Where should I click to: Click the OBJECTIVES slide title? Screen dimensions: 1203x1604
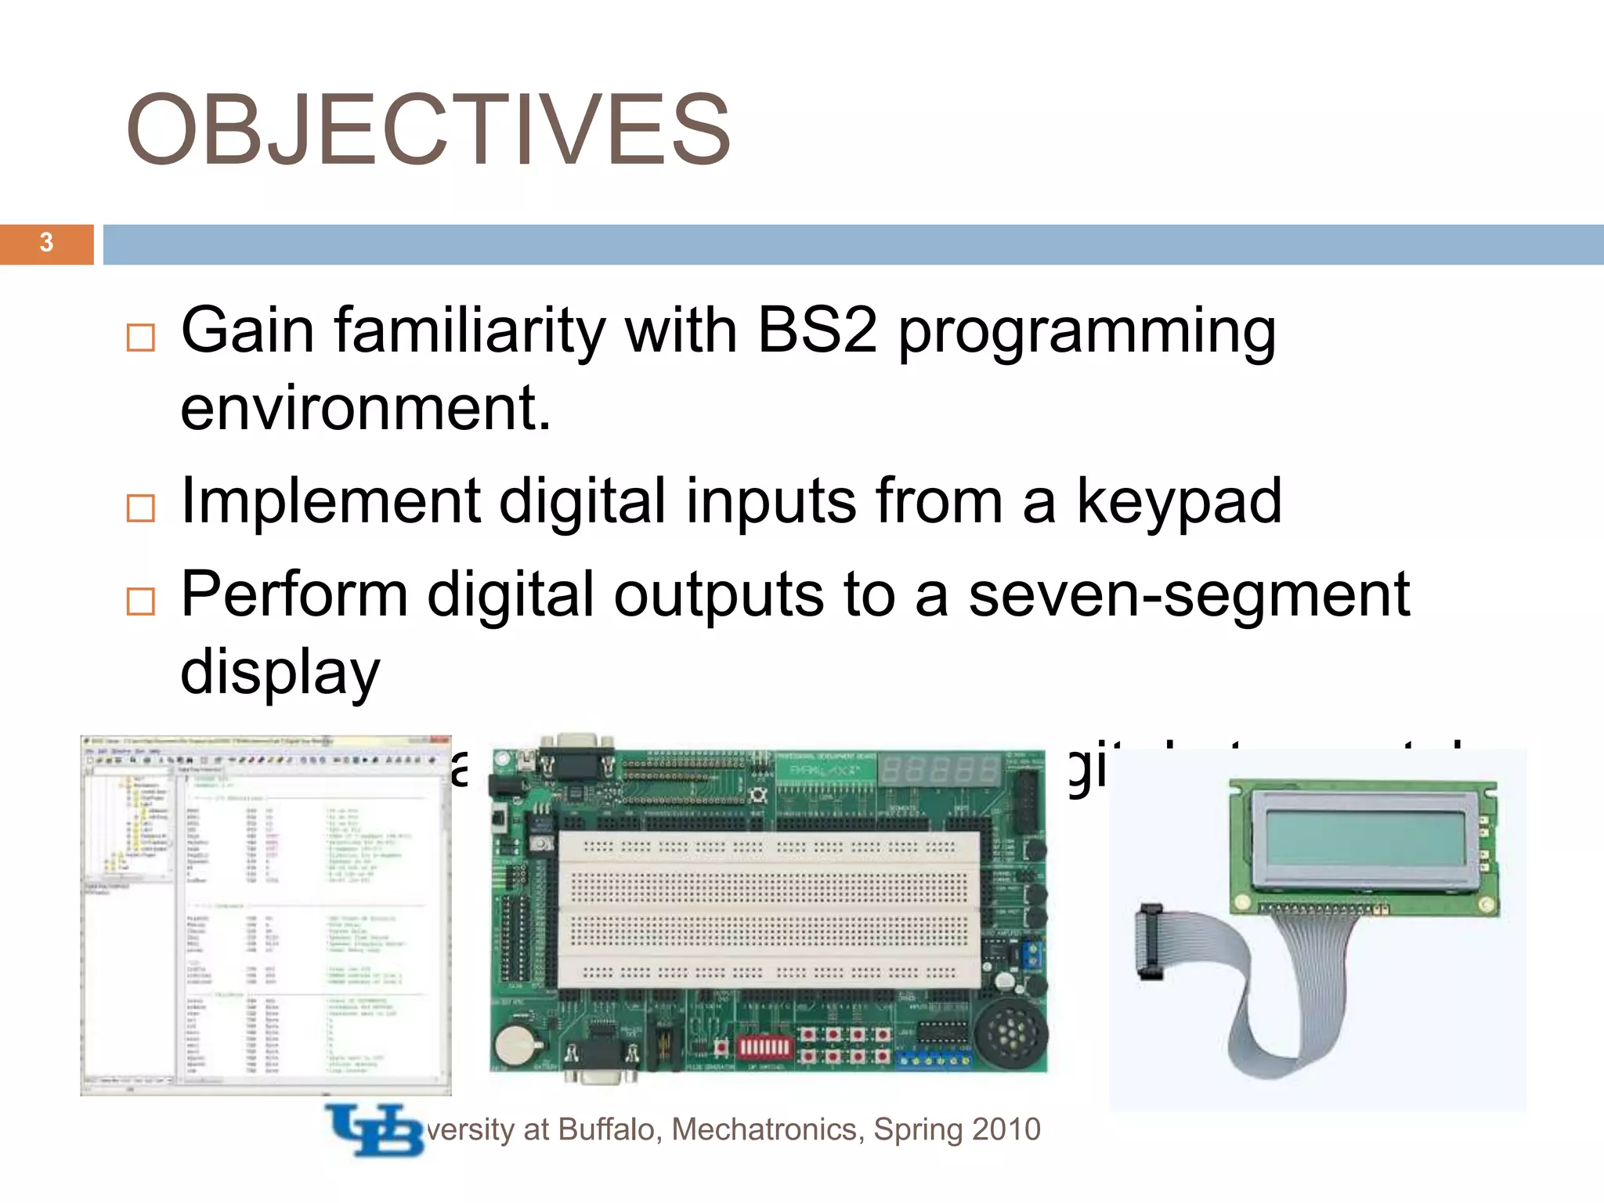pyautogui.click(x=428, y=130)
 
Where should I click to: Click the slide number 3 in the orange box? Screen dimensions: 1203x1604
pyautogui.click(x=46, y=243)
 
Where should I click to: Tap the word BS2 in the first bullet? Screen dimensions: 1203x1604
pyautogui.click(x=817, y=330)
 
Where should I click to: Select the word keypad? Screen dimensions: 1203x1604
pyautogui.click(x=1179, y=501)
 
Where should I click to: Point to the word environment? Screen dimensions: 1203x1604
pyautogui.click(x=365, y=408)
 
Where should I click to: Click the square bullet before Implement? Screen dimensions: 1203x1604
pyautogui.click(x=141, y=508)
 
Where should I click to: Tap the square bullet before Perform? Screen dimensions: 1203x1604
pyautogui.click(x=141, y=601)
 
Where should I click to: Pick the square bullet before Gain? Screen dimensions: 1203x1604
pyautogui.click(x=141, y=338)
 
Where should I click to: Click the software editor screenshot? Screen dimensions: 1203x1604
pyautogui.click(x=266, y=914)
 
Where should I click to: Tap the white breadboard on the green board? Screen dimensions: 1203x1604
pyautogui.click(x=768, y=909)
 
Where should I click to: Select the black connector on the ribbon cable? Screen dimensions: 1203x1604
pyautogui.click(x=1149, y=942)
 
